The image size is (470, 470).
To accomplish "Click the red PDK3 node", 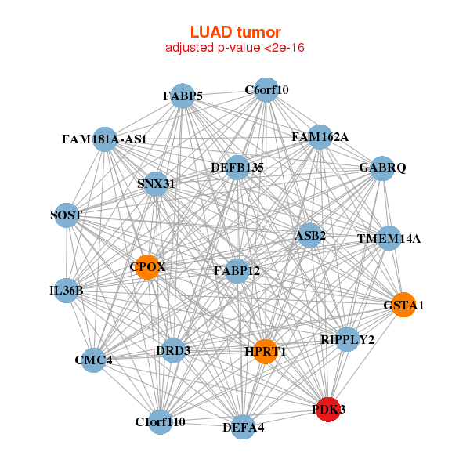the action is coord(329,409).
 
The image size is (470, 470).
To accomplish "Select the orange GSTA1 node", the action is coord(403,305).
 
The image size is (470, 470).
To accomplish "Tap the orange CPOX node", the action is coord(146,268).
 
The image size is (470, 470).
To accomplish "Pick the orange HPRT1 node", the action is coord(266,352).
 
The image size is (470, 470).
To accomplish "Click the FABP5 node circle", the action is coord(183,96).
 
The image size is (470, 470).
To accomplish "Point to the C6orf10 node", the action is coord(266,89).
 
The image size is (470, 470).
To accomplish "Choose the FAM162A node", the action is coord(320,137).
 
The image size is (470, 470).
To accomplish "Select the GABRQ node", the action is coord(381,168).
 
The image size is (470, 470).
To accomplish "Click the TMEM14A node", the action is coord(389,238).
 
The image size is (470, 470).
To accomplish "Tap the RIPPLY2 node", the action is coord(348,339).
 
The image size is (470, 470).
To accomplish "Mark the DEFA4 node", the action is coord(244,427).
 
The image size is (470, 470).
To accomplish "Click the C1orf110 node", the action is coord(161,422).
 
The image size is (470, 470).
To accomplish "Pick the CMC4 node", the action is coord(94,360).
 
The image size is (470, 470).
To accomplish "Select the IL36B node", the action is coord(67,291).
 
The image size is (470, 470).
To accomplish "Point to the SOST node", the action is coord(67,215).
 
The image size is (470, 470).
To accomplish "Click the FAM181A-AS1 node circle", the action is coord(105,139).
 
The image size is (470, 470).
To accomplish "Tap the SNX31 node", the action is coord(156,184).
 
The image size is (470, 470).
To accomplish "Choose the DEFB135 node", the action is coord(237,167).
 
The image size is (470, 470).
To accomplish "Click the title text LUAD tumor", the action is coord(235,32).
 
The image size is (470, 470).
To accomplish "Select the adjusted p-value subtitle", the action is coord(235,48).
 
